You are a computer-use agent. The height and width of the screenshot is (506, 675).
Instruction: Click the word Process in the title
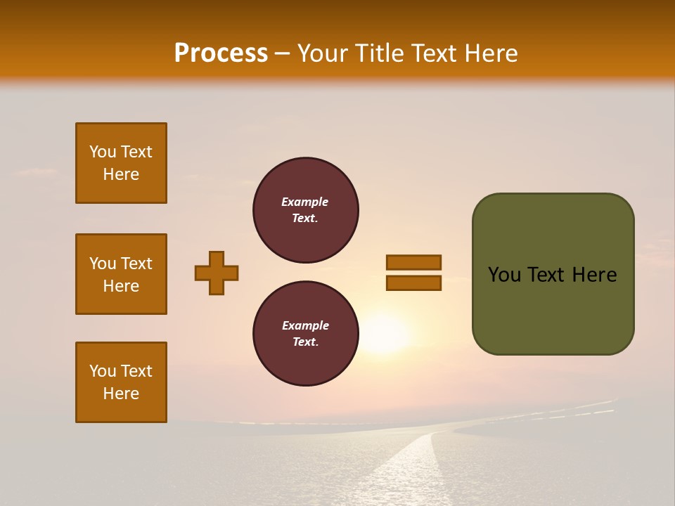(221, 53)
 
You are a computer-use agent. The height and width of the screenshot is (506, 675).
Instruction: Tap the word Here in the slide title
(489, 53)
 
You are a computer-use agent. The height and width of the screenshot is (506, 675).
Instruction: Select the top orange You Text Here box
(121, 163)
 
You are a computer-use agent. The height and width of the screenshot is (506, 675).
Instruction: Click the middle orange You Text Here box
(121, 274)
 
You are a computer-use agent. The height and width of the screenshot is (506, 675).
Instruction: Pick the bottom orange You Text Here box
(121, 382)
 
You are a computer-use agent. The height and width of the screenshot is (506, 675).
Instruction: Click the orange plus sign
(217, 273)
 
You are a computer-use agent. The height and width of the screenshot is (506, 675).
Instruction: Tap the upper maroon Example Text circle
(306, 210)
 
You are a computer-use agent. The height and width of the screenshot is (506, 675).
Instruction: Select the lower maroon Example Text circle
(306, 334)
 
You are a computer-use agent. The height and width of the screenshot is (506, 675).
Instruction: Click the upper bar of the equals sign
(413, 262)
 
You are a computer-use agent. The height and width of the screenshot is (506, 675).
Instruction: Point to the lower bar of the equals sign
(413, 283)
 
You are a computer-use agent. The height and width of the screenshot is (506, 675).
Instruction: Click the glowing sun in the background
(383, 334)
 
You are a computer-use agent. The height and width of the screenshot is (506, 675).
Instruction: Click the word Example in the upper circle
(304, 202)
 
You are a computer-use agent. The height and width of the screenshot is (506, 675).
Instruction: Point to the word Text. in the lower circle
(305, 342)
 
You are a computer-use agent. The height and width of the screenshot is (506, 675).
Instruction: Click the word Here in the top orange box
(121, 174)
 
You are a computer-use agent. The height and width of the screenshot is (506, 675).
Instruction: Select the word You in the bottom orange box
(103, 371)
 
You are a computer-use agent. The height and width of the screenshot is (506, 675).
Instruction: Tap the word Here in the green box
(594, 275)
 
